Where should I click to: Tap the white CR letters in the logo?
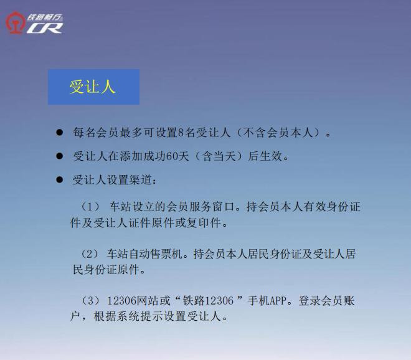point(45,28)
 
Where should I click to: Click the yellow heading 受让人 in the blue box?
point(92,87)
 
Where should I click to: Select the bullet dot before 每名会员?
point(60,132)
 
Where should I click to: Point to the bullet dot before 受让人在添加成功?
point(60,156)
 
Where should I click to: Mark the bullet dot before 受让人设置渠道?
point(60,180)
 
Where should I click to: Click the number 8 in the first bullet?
point(181,133)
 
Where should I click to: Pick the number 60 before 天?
point(172,156)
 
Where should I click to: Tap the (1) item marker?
point(90,207)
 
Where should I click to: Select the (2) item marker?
point(90,254)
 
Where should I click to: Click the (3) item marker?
point(90,300)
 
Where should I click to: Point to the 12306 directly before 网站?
point(122,300)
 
